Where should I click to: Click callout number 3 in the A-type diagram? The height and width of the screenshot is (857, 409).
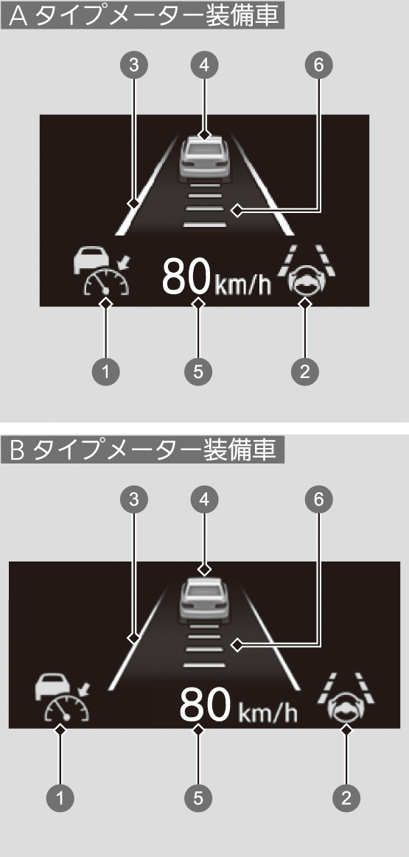(132, 65)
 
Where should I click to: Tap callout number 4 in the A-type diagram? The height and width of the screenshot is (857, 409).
(204, 65)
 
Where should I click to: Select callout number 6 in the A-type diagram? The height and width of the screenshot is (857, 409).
(319, 65)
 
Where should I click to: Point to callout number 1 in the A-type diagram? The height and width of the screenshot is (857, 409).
(106, 372)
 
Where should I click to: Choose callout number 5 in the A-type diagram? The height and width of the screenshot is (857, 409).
(198, 372)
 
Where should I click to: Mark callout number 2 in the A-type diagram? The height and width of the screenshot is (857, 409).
(305, 372)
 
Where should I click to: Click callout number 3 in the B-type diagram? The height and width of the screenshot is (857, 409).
(132, 498)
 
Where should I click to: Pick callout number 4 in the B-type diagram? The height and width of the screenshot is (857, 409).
(204, 498)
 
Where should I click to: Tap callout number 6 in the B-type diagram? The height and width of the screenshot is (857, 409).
(319, 498)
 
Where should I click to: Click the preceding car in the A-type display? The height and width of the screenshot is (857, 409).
(204, 158)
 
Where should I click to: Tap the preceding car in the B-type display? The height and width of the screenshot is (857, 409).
(204, 599)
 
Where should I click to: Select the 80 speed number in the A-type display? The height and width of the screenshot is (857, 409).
(186, 278)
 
